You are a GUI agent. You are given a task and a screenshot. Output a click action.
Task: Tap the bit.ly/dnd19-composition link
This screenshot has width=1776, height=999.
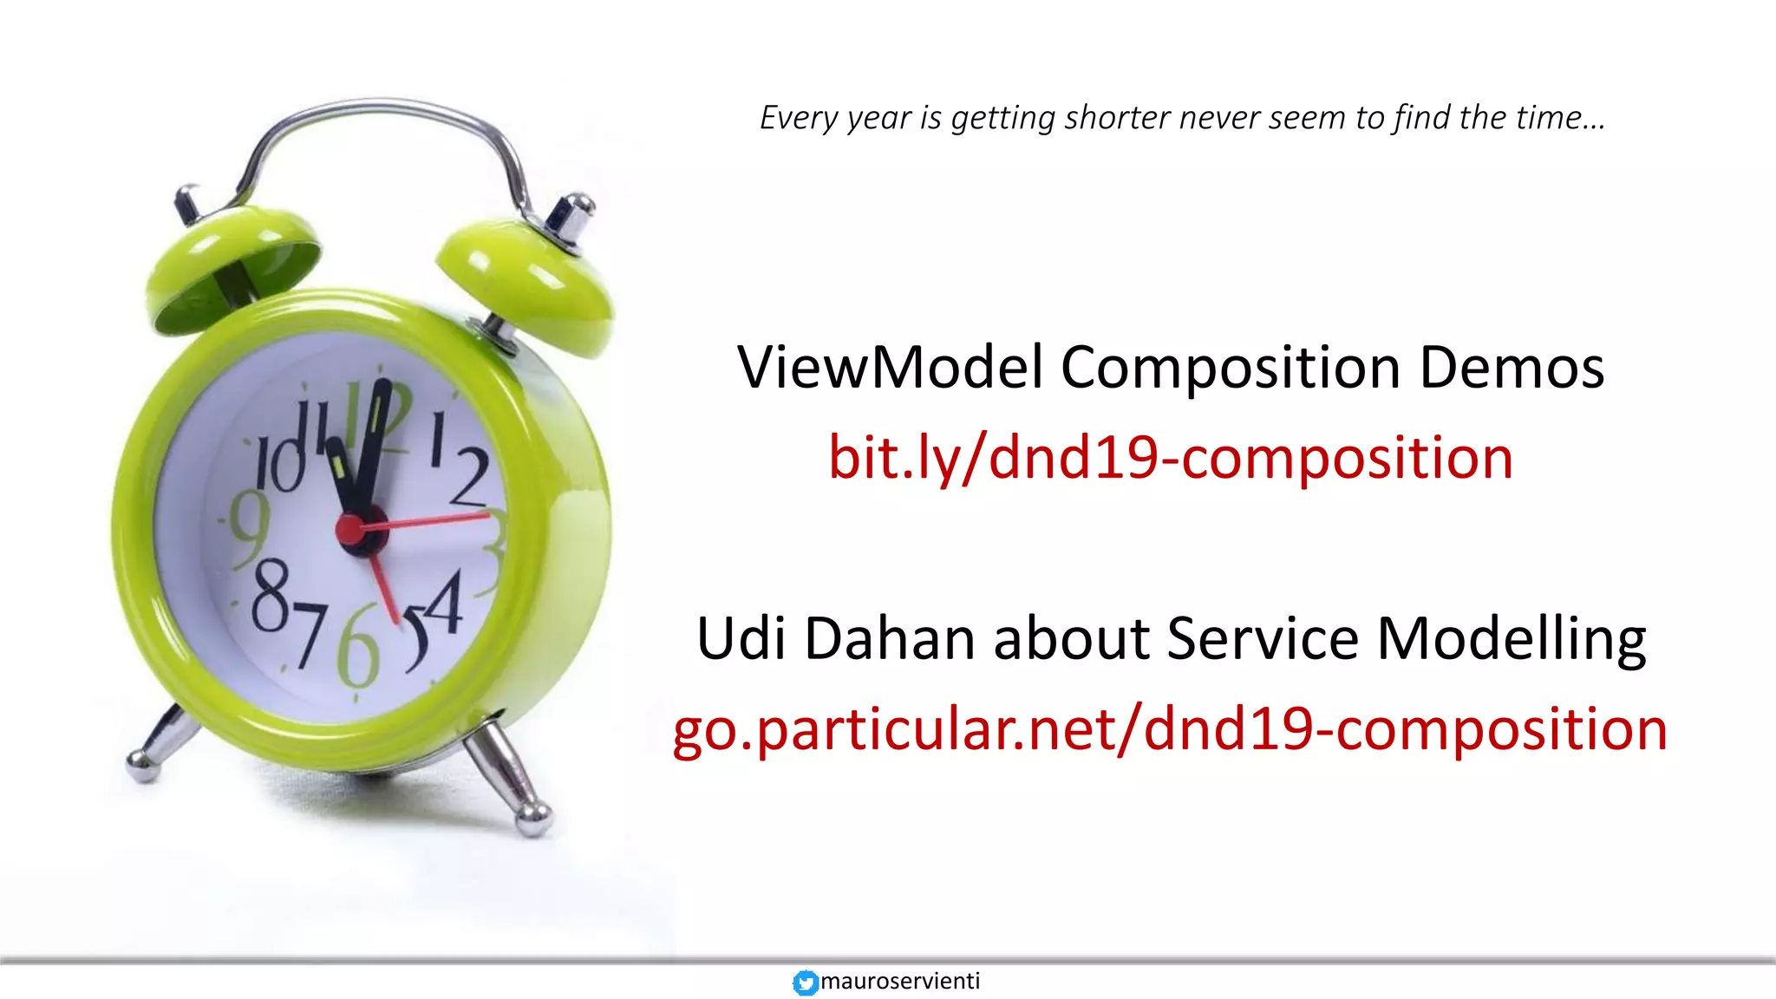point(1170,458)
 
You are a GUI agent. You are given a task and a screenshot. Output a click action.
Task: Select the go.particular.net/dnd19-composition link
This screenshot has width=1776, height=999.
point(1170,729)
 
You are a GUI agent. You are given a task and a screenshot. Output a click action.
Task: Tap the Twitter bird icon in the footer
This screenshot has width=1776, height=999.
point(806,983)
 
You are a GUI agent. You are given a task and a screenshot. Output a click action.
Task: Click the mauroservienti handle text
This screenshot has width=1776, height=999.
point(899,981)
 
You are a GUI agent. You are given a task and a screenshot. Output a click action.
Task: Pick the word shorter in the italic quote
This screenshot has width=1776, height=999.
point(1118,117)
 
